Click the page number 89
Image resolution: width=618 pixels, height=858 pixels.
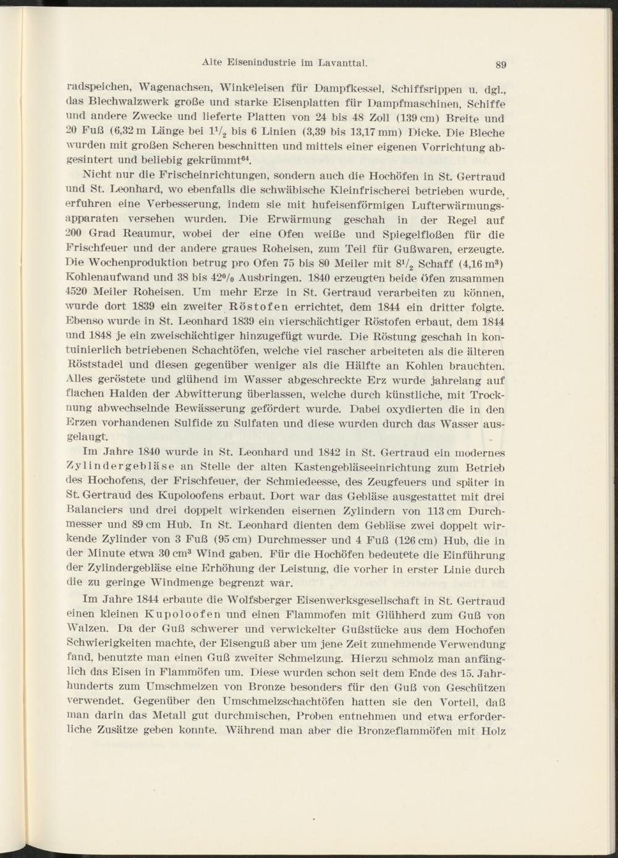(x=501, y=64)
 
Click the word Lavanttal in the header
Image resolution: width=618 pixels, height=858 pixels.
(x=343, y=62)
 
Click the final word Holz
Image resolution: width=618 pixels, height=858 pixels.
(x=493, y=731)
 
